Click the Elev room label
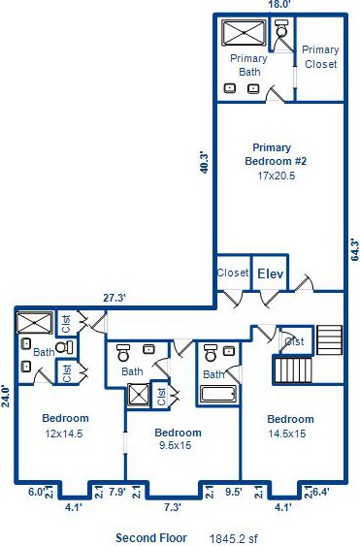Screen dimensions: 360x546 pos(271,273)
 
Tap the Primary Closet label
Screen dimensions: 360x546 pos(320,57)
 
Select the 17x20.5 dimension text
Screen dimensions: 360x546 pos(276,176)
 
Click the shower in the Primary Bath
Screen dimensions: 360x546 pos(244,33)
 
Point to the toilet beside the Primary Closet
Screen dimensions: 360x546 pos(281,28)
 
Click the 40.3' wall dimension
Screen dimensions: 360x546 pos(204,162)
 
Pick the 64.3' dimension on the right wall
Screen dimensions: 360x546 pos(355,249)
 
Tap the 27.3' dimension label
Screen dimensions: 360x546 pos(115,298)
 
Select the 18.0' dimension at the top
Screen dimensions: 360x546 pos(279,5)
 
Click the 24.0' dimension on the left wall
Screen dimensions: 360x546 pos(5,396)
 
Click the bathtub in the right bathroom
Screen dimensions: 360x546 pos(219,394)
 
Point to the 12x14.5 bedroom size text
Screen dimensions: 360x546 pos(64,434)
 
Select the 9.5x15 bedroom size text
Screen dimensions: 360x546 pos(176,445)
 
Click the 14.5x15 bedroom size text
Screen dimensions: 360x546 pos(287,434)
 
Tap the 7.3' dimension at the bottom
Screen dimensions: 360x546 pos(172,507)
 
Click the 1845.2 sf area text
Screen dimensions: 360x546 pos(234,538)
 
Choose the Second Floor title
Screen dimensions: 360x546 pos(151,538)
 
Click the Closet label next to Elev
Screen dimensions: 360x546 pos(233,273)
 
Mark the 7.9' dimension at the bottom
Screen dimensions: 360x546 pos(117,492)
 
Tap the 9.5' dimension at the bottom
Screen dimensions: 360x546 pos(234,492)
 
